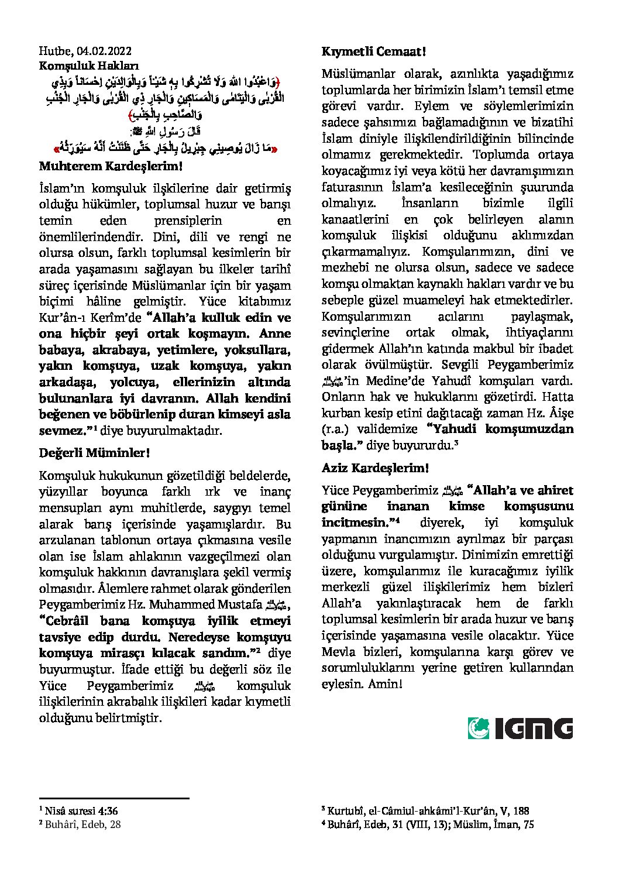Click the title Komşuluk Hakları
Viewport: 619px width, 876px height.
89,66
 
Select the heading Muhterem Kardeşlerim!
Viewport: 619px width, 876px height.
111,166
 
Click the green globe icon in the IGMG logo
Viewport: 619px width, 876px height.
479,729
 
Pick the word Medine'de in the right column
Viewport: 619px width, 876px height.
391,380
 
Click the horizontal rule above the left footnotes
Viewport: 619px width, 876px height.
114,798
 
